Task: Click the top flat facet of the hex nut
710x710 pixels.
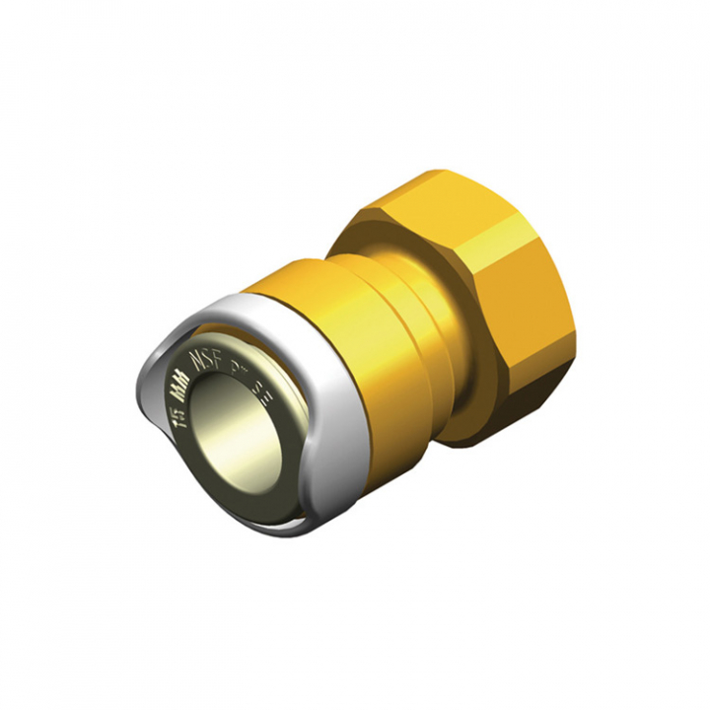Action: [434, 197]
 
